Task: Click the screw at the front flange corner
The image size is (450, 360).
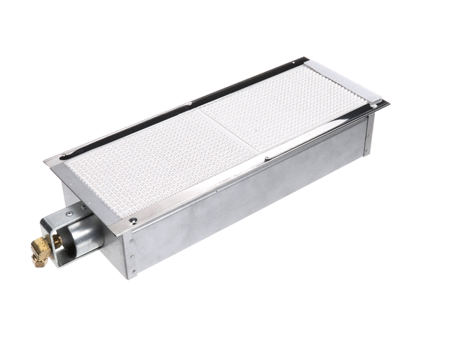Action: pyautogui.click(x=132, y=220)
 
